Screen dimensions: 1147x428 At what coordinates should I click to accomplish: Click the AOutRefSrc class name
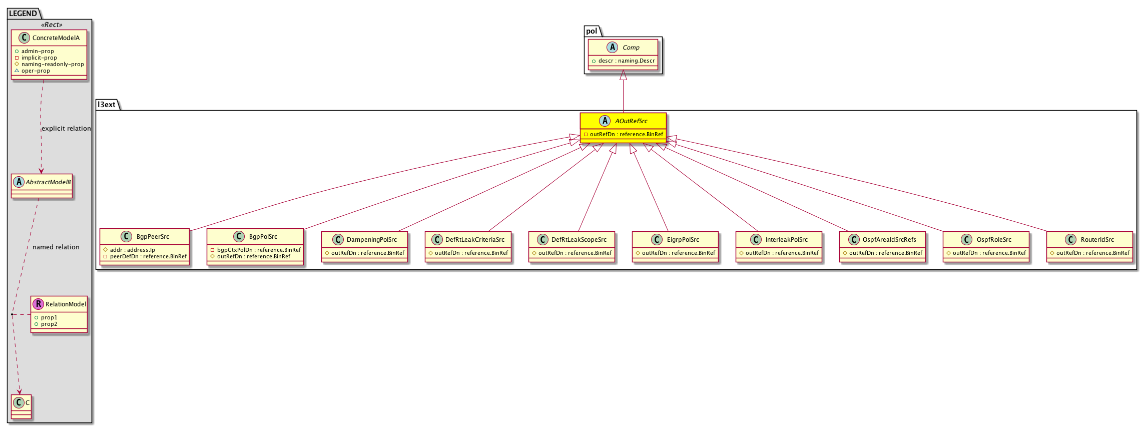click(x=631, y=121)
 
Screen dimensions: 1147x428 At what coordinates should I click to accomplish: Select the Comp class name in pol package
click(x=631, y=48)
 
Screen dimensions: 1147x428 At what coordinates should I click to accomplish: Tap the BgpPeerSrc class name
click(x=153, y=237)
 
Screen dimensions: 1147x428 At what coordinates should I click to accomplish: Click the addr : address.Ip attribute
click(x=129, y=250)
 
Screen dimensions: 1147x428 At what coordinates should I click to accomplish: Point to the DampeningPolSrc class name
click(x=372, y=240)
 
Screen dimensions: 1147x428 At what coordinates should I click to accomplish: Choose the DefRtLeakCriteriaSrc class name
click(x=475, y=240)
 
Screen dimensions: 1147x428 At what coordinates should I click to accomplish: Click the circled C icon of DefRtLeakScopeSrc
click(x=543, y=240)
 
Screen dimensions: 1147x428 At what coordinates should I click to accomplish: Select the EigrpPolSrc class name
click(x=683, y=240)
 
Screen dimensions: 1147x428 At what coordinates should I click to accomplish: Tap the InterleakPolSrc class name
click(x=787, y=240)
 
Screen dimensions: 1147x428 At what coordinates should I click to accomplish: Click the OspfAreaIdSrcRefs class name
click(x=889, y=240)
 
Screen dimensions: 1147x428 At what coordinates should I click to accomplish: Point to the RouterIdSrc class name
click(x=1097, y=240)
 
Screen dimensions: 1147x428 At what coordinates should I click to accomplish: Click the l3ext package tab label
click(x=107, y=105)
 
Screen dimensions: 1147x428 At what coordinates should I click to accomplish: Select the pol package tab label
click(x=592, y=31)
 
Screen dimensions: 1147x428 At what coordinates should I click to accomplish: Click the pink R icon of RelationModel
click(x=39, y=304)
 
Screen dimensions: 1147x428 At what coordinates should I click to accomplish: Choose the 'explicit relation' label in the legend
click(x=66, y=129)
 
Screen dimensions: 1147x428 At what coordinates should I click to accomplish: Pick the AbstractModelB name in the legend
click(x=48, y=182)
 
